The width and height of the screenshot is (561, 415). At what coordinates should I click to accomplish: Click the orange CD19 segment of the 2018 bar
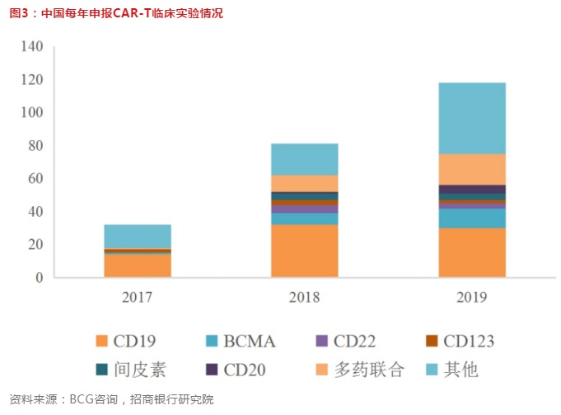pos(304,251)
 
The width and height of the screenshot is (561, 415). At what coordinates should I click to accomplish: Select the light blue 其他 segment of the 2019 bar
pos(472,118)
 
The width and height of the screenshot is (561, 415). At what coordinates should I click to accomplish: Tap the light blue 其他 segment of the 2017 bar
pos(137,236)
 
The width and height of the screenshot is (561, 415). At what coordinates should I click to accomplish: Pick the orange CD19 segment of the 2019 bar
pos(472,252)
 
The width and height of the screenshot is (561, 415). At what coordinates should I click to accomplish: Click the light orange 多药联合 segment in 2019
pos(472,169)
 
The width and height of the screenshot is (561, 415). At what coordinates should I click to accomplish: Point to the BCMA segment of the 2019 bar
pos(472,218)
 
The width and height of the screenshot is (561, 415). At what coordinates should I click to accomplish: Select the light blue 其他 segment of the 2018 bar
pos(304,159)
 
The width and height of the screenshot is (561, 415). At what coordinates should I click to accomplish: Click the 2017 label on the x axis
pos(137,296)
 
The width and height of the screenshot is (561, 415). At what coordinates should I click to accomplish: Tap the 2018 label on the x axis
pos(304,296)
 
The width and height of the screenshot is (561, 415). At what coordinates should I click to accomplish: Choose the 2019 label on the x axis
pos(472,296)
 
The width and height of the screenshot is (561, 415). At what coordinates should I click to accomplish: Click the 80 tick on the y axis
pos(34,146)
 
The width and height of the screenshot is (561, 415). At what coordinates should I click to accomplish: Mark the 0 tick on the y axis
pos(38,278)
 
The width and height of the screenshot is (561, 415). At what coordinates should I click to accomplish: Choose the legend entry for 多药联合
pos(359,370)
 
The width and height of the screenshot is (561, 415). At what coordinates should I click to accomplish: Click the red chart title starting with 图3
pos(115,13)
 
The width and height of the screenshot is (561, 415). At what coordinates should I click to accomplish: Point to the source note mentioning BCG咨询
pos(111,400)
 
